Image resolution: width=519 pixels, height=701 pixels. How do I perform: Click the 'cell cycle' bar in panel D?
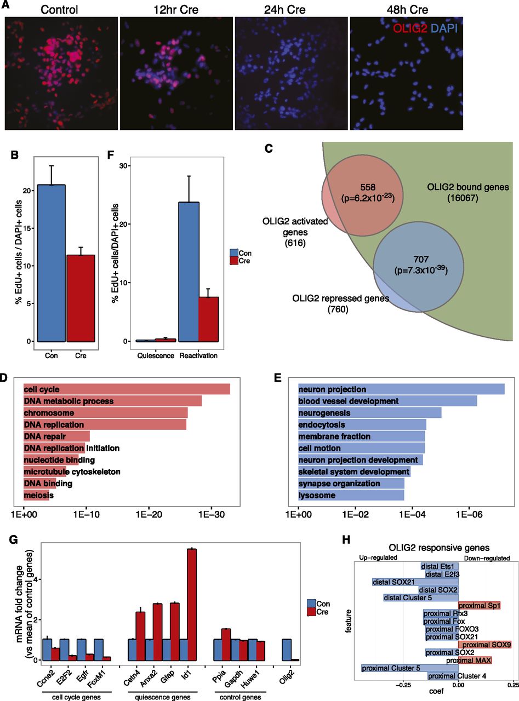(127, 389)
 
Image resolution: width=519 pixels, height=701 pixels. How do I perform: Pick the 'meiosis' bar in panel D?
(36, 496)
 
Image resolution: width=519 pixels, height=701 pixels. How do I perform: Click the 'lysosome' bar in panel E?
(351, 496)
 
